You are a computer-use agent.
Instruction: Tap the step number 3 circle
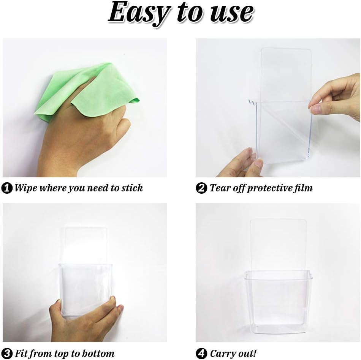coord(7,354)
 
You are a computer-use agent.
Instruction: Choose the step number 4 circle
coord(201,354)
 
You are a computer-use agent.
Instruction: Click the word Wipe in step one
coord(26,188)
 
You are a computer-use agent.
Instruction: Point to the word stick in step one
coord(132,188)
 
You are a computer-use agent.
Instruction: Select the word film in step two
coord(302,188)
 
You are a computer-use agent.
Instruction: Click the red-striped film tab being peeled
coord(251,102)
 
